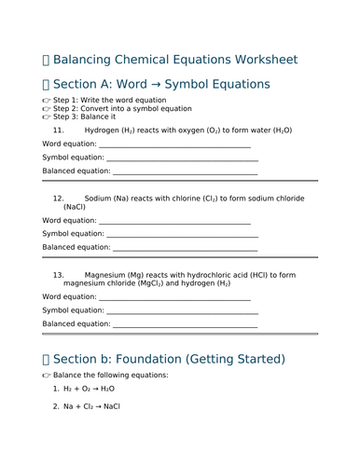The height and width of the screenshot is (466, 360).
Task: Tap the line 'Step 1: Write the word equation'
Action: point(110,107)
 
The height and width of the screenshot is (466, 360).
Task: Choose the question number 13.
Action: point(59,275)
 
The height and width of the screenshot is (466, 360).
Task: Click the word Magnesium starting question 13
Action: point(109,275)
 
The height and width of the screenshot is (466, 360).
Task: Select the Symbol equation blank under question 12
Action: point(182,234)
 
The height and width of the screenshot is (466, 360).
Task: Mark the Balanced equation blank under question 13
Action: point(184,324)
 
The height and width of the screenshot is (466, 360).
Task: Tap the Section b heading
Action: point(170,359)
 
